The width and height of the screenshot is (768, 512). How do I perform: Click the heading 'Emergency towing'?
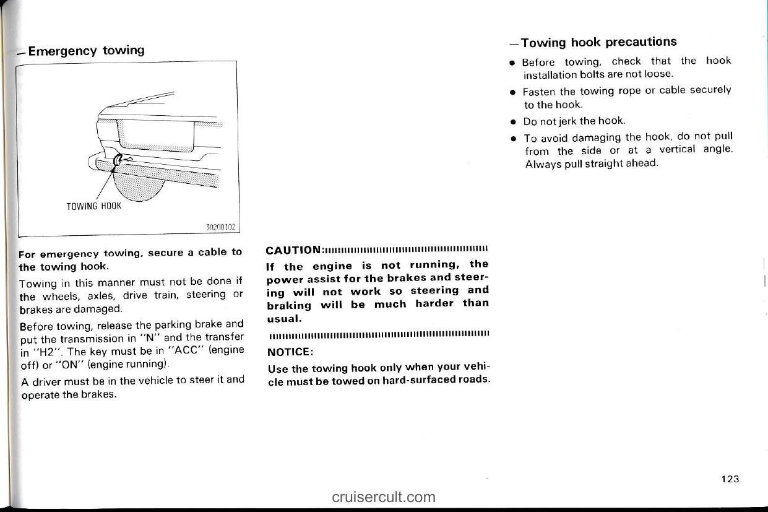pos(86,50)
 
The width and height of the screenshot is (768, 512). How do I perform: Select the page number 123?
pos(730,479)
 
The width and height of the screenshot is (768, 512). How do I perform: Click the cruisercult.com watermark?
pos(384,497)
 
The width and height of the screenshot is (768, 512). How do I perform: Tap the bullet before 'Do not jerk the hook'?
pos(514,121)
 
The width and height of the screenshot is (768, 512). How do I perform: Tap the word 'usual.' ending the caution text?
pos(284,318)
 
